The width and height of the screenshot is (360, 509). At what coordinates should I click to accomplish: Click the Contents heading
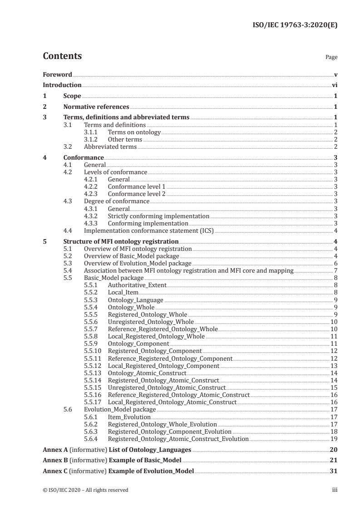62,56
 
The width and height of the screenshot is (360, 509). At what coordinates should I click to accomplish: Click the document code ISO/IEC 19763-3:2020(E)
295,26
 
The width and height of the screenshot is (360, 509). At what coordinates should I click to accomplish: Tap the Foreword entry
57,74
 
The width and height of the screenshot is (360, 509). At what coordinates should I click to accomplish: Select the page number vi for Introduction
334,85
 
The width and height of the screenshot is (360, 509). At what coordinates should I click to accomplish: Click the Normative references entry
96,107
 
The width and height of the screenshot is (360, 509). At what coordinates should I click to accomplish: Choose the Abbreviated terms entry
110,147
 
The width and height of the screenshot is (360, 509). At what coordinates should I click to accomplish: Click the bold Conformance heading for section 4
84,157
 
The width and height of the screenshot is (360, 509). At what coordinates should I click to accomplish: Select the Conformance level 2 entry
137,194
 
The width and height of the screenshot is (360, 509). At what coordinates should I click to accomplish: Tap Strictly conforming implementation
158,216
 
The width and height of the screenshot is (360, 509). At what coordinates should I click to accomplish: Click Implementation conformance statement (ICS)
148,230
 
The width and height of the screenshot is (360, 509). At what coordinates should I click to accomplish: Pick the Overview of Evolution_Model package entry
138,263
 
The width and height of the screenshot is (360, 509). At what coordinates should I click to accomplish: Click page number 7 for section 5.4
335,270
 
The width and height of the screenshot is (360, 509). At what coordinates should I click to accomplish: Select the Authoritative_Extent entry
137,285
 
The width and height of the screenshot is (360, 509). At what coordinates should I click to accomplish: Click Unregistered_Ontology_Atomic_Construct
167,387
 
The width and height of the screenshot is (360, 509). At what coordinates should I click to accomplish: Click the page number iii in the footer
334,490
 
